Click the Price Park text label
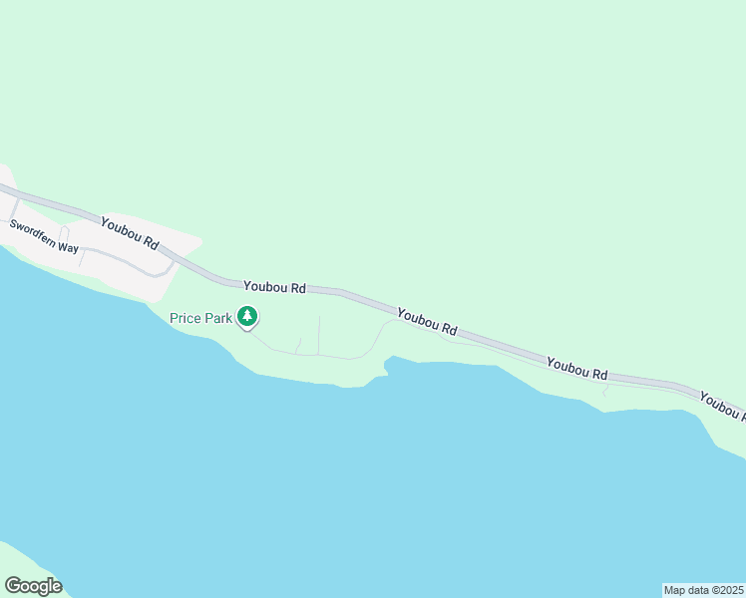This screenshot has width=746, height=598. (200, 318)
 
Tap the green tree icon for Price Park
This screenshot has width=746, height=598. (247, 317)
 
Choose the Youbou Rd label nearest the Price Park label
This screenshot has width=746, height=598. (274, 286)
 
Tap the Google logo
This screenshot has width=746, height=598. (33, 586)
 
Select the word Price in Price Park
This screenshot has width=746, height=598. (185, 318)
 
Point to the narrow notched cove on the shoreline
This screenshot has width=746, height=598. (385, 368)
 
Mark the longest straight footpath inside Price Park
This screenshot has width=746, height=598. (319, 335)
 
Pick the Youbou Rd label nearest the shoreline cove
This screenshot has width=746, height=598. (427, 321)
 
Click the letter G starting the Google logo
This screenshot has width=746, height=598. (13, 586)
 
